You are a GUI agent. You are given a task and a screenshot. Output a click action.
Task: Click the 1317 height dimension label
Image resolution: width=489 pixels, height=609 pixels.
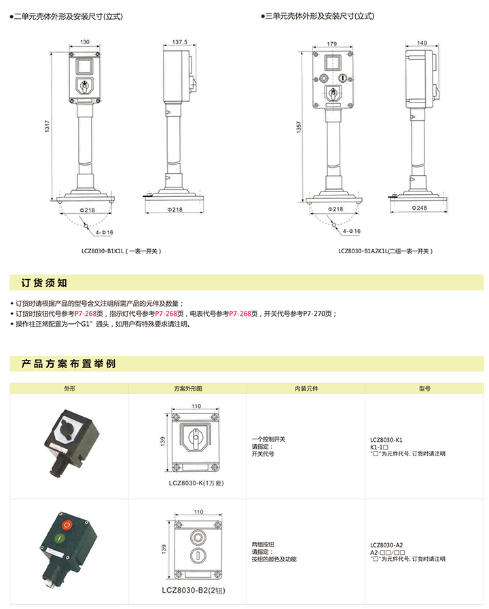[x=47, y=126]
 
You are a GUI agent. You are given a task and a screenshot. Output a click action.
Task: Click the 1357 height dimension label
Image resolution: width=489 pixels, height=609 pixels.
[x=299, y=127]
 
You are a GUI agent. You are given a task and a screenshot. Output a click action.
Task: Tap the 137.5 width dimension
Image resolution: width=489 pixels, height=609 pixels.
[x=180, y=42]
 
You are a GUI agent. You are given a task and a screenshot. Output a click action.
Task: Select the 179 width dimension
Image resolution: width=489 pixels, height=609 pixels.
[x=332, y=44]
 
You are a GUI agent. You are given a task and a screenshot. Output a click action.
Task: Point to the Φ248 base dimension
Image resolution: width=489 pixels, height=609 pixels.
[x=419, y=208]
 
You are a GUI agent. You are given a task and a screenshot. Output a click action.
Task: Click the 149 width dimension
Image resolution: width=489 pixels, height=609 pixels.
[x=422, y=43]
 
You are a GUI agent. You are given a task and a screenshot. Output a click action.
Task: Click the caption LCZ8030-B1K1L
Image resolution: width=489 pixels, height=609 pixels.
[x=103, y=251]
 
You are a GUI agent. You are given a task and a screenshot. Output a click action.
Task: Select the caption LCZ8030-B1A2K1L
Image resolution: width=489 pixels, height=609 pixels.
[x=363, y=251]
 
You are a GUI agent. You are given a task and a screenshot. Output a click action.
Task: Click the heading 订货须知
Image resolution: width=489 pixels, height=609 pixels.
[x=44, y=283]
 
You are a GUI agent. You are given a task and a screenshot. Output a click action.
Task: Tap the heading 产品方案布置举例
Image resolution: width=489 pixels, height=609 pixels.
[x=69, y=364]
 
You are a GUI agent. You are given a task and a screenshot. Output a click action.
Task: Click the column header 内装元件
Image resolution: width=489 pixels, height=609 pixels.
[x=306, y=388]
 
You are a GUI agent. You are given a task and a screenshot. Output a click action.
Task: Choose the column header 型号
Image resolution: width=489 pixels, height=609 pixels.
[x=424, y=388]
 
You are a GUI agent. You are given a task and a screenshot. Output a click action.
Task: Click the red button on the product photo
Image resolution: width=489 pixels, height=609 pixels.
[x=67, y=525]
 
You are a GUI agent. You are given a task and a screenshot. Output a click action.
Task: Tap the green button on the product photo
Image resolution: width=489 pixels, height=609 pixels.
[x=59, y=538]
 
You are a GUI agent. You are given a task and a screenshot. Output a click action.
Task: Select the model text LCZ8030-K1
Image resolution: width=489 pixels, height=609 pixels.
[x=386, y=440]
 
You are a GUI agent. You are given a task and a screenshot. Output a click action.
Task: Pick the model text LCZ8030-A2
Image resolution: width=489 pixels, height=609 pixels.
[x=386, y=545]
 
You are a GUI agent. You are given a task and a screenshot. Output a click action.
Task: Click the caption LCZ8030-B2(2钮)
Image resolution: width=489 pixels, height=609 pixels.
[x=194, y=591]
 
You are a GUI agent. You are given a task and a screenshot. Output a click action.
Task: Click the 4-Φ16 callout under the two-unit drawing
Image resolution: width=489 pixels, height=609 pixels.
[x=105, y=232]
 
